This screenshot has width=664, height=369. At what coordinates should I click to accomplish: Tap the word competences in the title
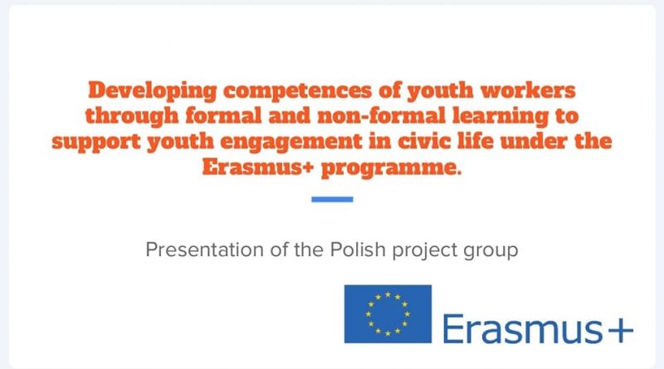(x=297, y=91)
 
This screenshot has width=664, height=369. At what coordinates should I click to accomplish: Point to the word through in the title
(x=132, y=117)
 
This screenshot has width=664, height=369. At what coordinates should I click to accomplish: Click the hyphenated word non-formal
(x=382, y=116)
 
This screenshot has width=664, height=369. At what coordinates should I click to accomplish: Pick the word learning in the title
(x=500, y=117)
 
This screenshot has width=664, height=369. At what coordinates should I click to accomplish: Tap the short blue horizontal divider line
(x=332, y=199)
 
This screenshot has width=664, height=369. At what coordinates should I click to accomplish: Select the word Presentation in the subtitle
(x=204, y=250)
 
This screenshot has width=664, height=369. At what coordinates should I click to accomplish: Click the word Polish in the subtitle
(x=358, y=250)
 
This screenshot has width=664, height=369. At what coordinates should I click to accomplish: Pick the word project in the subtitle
(x=424, y=250)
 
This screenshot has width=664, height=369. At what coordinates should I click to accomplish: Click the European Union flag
(x=388, y=314)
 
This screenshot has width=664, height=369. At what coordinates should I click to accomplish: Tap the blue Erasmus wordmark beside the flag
(x=522, y=328)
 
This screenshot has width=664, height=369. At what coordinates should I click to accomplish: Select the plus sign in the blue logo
(x=620, y=329)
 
